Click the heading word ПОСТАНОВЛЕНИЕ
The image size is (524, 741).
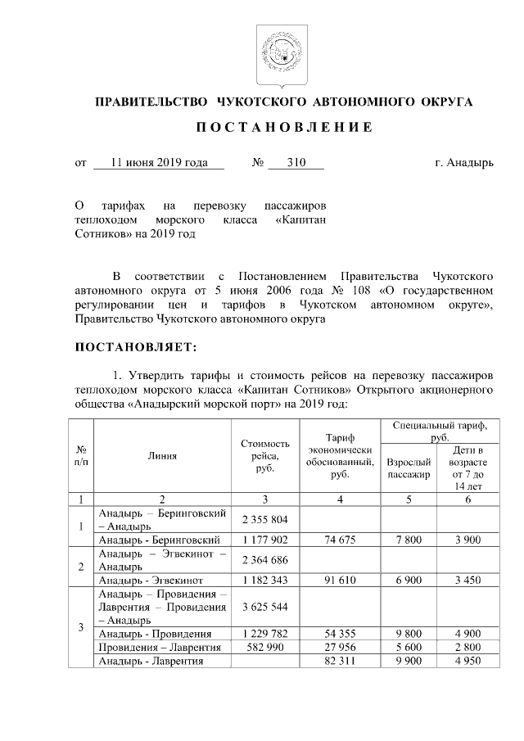(x=284, y=128)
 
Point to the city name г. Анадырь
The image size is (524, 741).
(x=464, y=163)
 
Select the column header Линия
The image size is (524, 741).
(x=163, y=455)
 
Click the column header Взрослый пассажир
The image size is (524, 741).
(x=408, y=468)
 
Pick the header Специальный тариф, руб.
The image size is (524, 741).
(x=440, y=431)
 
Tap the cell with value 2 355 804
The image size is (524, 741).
(x=265, y=519)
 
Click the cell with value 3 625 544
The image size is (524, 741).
(x=265, y=608)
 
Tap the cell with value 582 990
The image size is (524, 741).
(x=265, y=648)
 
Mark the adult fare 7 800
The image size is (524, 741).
(x=408, y=540)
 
